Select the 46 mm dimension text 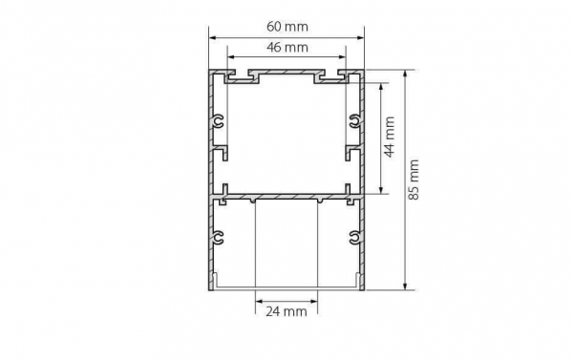[286, 47]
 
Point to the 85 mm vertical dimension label [414, 180]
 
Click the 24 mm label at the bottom [286, 311]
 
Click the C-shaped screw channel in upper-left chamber [221, 120]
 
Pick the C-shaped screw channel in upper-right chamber [352, 120]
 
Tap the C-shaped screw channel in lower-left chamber [221, 236]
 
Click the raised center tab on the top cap [286, 74]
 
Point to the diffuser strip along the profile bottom [286, 286]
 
